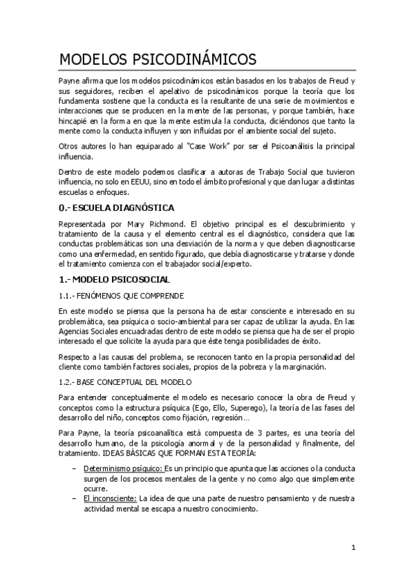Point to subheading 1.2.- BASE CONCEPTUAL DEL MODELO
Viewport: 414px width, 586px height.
point(125,381)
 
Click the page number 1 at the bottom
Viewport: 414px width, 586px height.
point(352,549)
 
